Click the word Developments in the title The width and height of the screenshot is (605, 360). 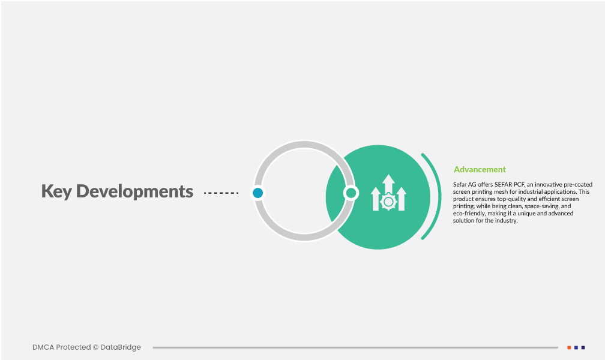click(134, 191)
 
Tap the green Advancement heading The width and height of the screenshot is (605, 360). click(480, 169)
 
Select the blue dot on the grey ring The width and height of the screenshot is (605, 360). click(257, 193)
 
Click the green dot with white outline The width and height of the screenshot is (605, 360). click(351, 193)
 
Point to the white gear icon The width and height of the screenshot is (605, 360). click(388, 202)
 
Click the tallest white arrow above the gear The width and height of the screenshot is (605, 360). click(388, 184)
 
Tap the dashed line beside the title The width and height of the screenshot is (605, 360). click(221, 193)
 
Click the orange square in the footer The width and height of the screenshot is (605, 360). click(569, 347)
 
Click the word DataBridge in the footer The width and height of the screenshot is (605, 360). click(121, 347)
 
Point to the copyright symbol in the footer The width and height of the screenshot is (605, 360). click(95, 347)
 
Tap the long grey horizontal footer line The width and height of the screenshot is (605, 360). click(355, 347)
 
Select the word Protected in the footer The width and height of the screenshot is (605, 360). click(73, 347)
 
